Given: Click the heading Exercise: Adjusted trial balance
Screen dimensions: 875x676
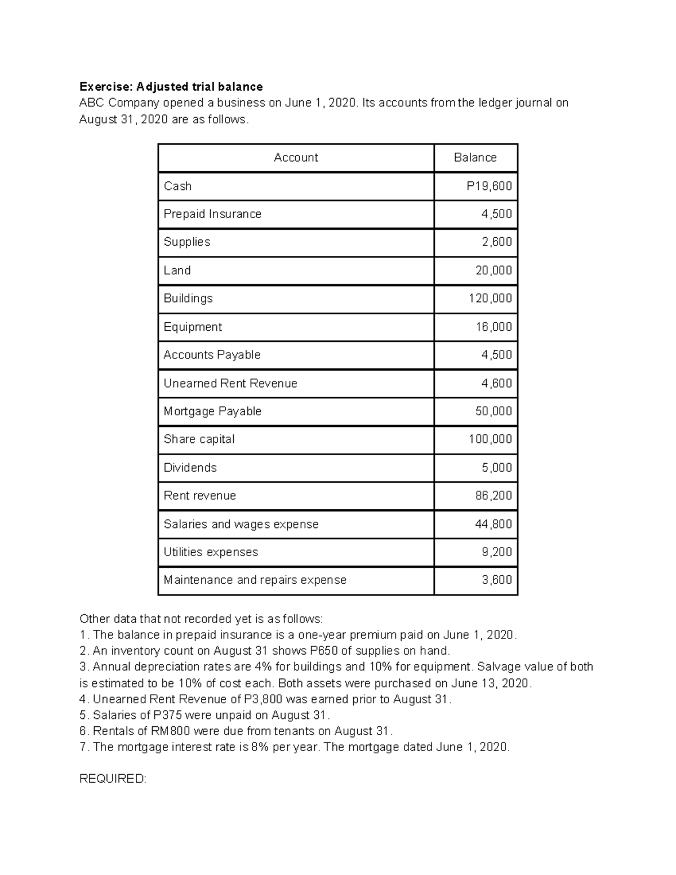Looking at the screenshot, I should coord(171,87).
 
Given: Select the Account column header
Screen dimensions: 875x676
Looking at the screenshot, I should coord(296,158).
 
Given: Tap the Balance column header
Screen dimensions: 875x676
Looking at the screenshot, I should coord(475,158).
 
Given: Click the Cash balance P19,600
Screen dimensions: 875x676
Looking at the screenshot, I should coord(489,186).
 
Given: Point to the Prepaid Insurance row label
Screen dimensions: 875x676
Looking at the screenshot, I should coord(212,214).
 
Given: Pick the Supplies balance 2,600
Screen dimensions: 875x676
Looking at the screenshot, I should coord(496,242).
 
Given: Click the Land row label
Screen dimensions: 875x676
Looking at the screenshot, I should coord(177,270).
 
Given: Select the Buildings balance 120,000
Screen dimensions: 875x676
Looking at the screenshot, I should coord(490,299).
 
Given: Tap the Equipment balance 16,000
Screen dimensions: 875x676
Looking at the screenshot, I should coord(493,327).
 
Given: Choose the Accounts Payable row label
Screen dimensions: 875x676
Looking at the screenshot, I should coord(212,355).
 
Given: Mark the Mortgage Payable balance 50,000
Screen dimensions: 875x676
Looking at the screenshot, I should coord(493,411).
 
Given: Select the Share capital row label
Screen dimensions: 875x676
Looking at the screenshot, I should coord(199,439).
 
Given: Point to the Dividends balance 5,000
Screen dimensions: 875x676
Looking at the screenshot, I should coord(496,468).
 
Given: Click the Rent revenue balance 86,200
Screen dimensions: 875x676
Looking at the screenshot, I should coord(493,496).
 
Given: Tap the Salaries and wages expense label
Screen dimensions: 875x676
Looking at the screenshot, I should coord(241,524).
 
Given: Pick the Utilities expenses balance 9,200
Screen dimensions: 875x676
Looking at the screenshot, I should coord(496,552).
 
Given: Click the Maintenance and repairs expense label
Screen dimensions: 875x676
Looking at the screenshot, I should coord(255,580).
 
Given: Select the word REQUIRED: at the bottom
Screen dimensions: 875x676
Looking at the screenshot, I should coord(113,779).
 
